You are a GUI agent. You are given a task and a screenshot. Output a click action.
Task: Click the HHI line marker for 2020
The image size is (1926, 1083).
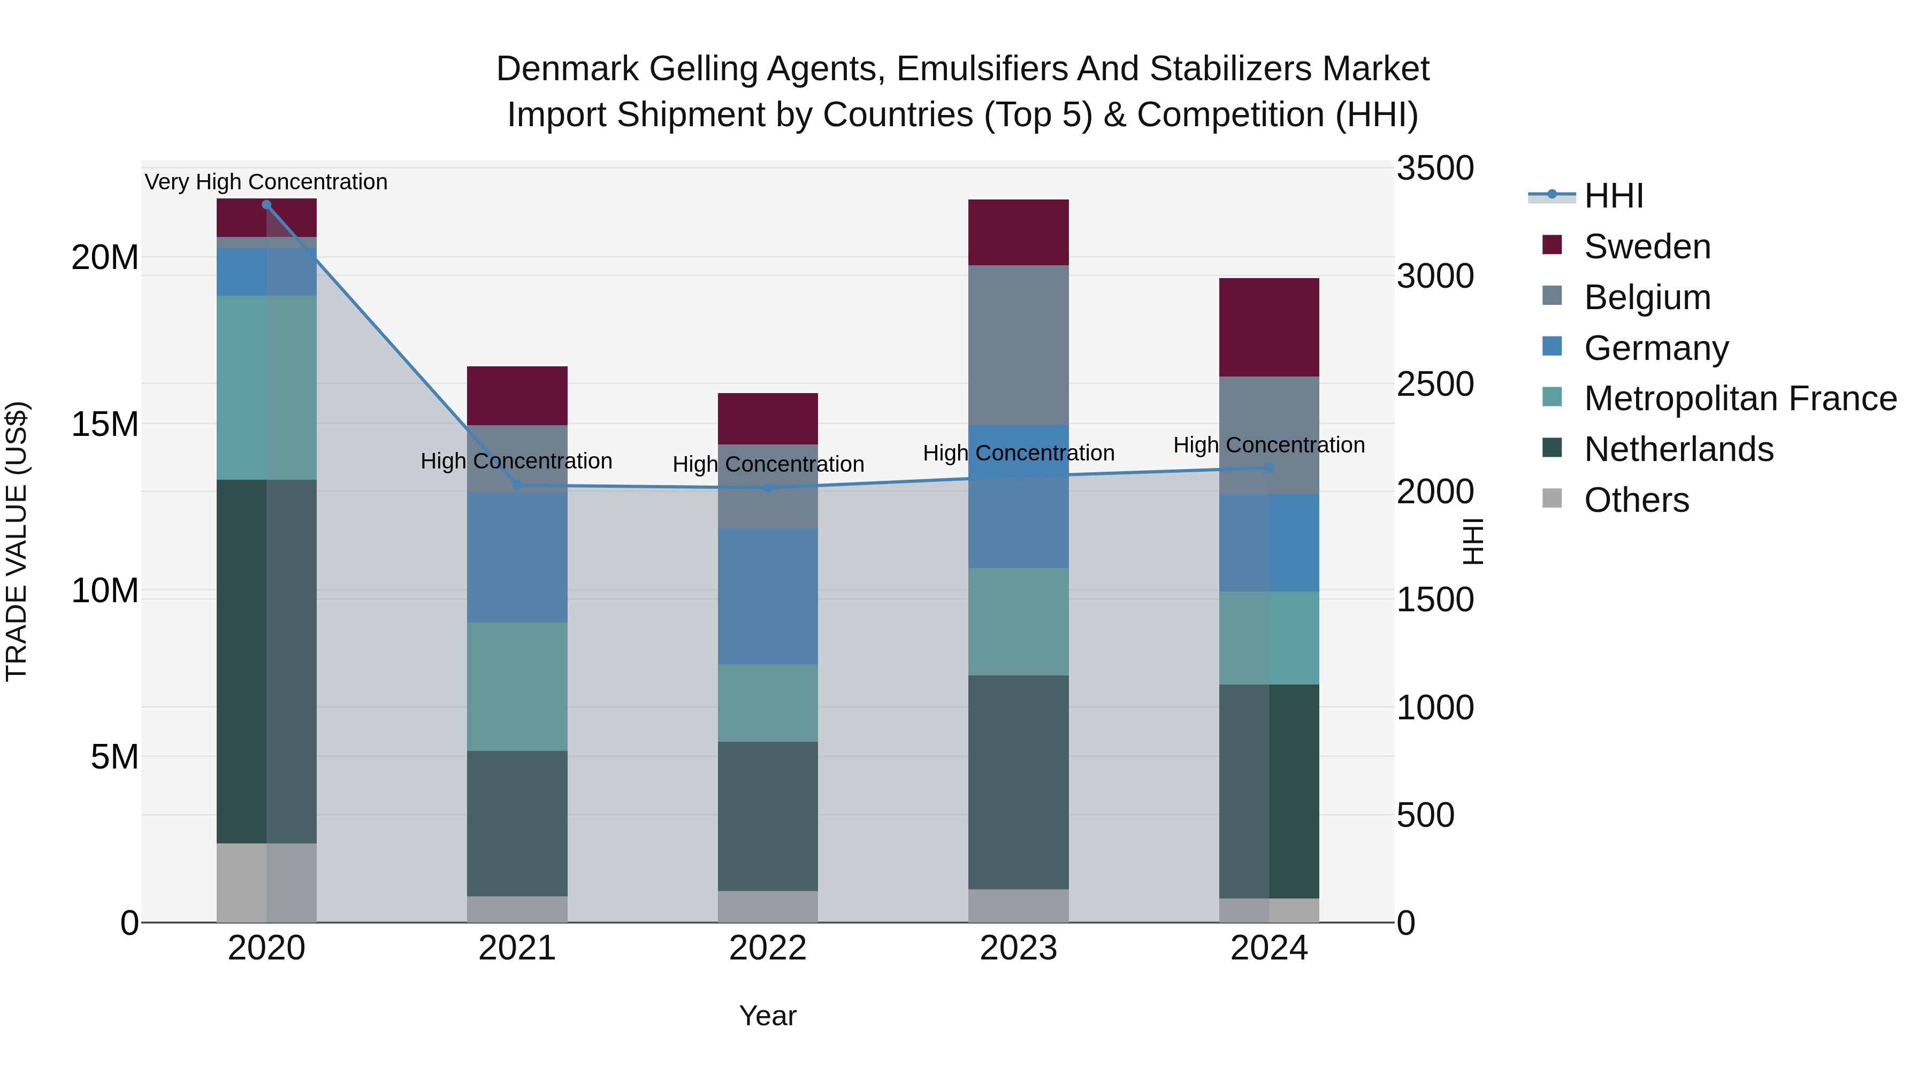click(266, 205)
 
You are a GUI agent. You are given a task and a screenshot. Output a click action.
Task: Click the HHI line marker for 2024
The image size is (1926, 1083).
click(1269, 468)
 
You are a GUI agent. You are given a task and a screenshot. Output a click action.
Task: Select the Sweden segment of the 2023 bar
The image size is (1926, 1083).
click(1018, 233)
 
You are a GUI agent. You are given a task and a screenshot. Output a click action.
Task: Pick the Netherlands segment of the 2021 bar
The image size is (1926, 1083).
click(517, 823)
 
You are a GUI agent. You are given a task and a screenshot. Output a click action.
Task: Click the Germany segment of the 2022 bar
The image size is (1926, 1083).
click(768, 596)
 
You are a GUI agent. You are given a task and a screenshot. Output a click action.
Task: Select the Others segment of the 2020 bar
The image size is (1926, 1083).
click(266, 882)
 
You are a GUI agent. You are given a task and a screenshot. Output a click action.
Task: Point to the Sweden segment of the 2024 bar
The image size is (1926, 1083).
click(1269, 327)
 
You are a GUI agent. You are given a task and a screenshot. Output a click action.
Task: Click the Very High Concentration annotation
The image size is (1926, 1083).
click(266, 182)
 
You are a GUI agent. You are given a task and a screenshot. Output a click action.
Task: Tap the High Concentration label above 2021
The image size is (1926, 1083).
click(517, 461)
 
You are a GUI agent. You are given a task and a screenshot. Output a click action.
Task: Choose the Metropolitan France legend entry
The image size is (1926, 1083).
click(1740, 398)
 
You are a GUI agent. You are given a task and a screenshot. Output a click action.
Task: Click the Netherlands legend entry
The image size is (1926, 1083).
click(1678, 449)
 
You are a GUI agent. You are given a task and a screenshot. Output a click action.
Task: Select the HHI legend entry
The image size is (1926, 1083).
click(1614, 196)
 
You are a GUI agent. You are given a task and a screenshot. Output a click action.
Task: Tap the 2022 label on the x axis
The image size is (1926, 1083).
click(768, 948)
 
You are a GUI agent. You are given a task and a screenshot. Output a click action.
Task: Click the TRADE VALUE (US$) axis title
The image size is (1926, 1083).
click(17, 541)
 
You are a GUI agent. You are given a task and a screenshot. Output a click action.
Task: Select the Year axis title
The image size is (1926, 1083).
click(768, 1016)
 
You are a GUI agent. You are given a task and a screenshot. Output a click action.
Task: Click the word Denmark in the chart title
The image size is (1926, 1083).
click(568, 69)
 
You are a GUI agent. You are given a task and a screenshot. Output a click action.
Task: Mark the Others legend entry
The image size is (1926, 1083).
click(1636, 500)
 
